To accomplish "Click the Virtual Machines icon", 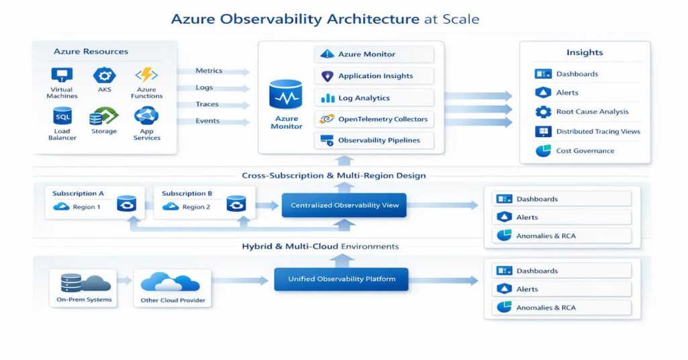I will click(x=62, y=75).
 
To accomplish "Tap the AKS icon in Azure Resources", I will click(x=103, y=75).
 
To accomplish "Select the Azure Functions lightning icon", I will click(x=146, y=75).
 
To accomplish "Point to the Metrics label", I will click(x=208, y=71).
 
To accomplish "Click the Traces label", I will click(x=207, y=104).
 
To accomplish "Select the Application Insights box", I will click(x=374, y=76).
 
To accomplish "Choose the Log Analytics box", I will click(x=374, y=98).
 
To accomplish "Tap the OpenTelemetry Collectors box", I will click(x=374, y=119).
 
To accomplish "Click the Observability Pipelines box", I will click(x=374, y=140).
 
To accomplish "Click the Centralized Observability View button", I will click(x=344, y=206).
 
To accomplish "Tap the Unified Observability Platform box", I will click(x=341, y=279).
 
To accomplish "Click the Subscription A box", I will click(x=95, y=201).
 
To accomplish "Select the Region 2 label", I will click(x=196, y=207).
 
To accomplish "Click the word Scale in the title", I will click(x=460, y=19).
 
